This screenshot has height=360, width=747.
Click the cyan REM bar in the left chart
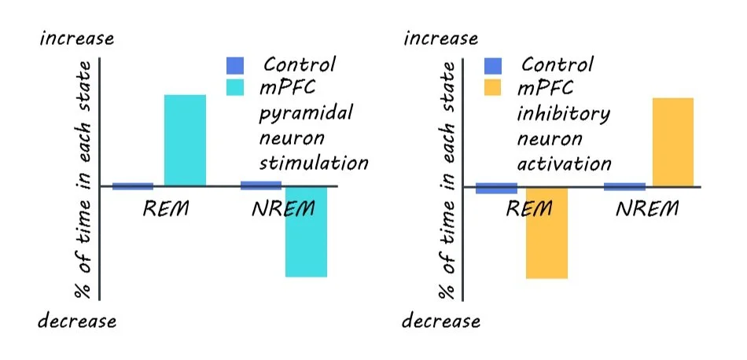[185, 141]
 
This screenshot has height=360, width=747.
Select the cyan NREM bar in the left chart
[306, 232]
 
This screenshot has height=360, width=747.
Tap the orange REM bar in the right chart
[546, 233]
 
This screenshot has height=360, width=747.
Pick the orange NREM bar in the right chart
[673, 142]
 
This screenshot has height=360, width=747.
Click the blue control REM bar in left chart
[133, 186]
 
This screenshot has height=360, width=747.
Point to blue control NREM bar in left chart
[261, 186]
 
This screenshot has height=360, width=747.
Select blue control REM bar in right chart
[496, 189]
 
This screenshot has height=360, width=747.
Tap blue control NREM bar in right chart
[624, 187]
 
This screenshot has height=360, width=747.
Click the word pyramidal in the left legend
[306, 113]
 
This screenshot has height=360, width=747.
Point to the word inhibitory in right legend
[563, 113]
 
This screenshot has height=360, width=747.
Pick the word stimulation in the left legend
[314, 163]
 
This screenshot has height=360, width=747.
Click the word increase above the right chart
[440, 39]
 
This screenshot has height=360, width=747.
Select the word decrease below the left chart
[78, 321]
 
